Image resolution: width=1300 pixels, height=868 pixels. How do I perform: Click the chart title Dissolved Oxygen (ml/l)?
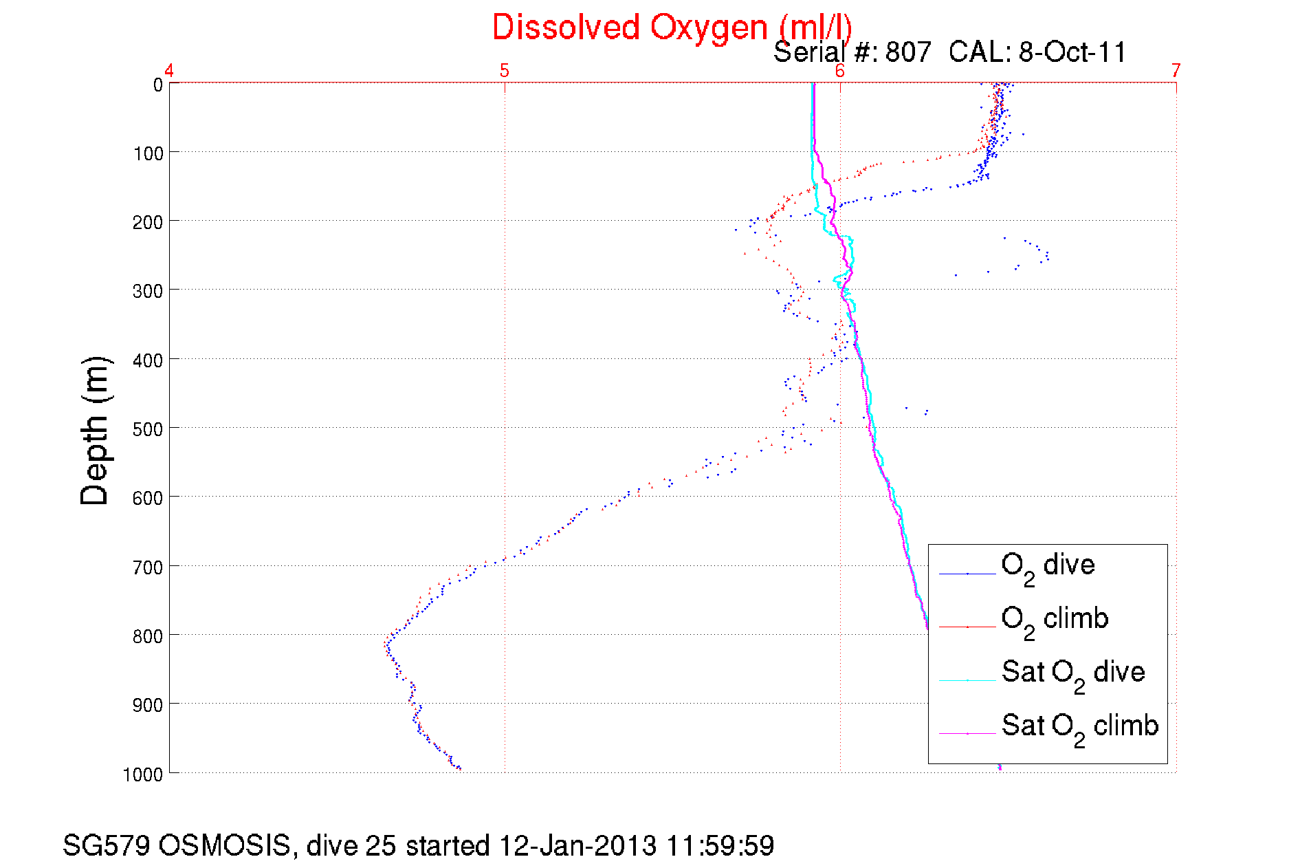click(672, 28)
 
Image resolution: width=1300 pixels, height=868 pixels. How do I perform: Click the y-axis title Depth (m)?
click(95, 431)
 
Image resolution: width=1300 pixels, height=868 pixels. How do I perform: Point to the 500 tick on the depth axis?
click(148, 429)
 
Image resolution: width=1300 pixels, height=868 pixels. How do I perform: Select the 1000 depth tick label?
click(143, 774)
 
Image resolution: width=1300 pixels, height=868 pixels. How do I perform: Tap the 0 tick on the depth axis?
click(158, 85)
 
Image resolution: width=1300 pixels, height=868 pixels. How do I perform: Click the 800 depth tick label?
click(148, 636)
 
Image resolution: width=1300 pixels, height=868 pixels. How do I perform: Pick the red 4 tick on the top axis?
click(169, 70)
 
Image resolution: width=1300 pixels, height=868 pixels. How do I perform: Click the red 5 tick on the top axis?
click(505, 70)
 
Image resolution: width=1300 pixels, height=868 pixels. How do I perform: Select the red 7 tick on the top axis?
click(1176, 70)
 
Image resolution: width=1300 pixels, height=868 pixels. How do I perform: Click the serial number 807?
click(908, 52)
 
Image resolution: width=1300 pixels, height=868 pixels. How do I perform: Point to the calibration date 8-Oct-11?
click(1072, 52)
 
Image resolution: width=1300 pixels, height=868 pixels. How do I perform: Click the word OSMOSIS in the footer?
click(225, 845)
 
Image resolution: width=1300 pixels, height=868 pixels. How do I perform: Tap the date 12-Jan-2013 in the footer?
click(577, 845)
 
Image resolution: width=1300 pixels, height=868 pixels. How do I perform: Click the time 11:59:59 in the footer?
click(720, 845)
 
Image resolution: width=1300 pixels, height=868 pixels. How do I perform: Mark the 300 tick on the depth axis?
click(148, 291)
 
